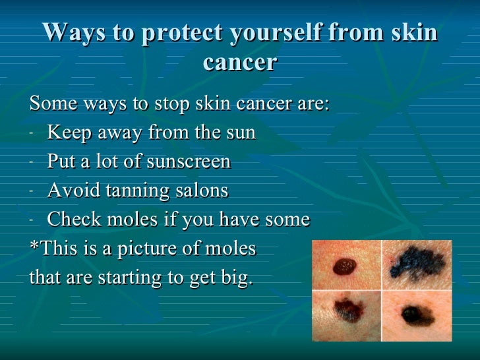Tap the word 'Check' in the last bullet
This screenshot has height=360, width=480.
73,220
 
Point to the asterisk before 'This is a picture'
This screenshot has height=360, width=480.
34,247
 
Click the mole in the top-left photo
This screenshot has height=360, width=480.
343,266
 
